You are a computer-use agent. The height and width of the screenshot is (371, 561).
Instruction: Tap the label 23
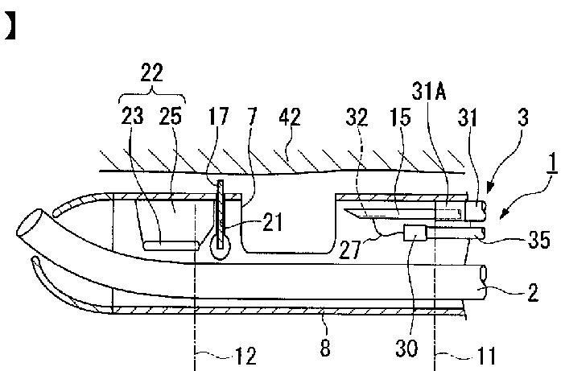[134, 116]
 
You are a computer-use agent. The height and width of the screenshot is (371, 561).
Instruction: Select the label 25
[171, 116]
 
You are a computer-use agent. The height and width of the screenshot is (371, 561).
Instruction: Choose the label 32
[359, 116]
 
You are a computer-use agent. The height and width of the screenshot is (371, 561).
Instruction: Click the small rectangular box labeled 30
[416, 234]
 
